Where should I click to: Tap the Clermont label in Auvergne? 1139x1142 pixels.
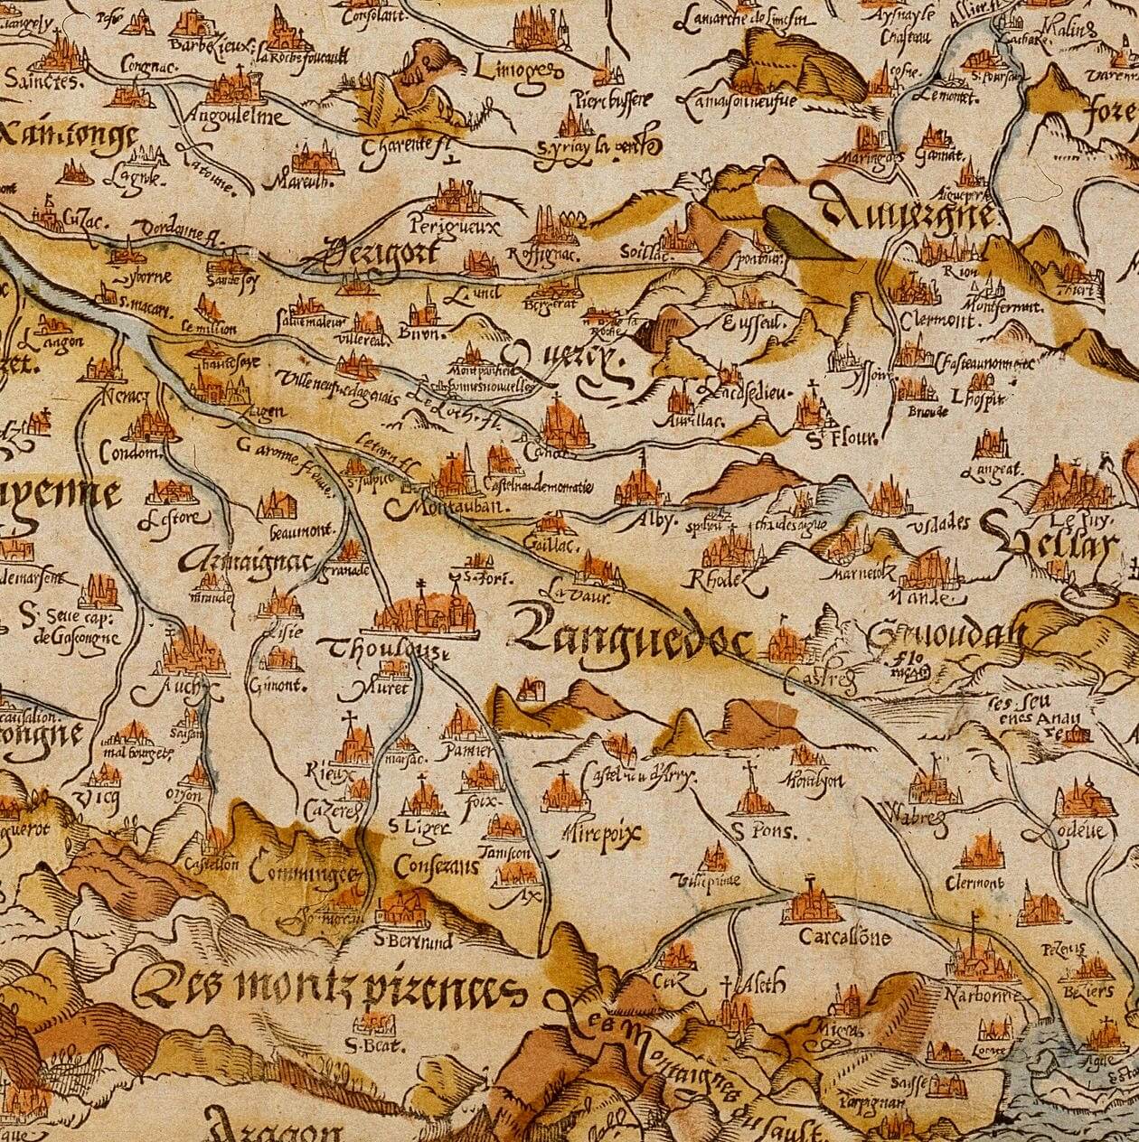point(938,321)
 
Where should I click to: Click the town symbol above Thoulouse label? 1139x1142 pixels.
point(425,611)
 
